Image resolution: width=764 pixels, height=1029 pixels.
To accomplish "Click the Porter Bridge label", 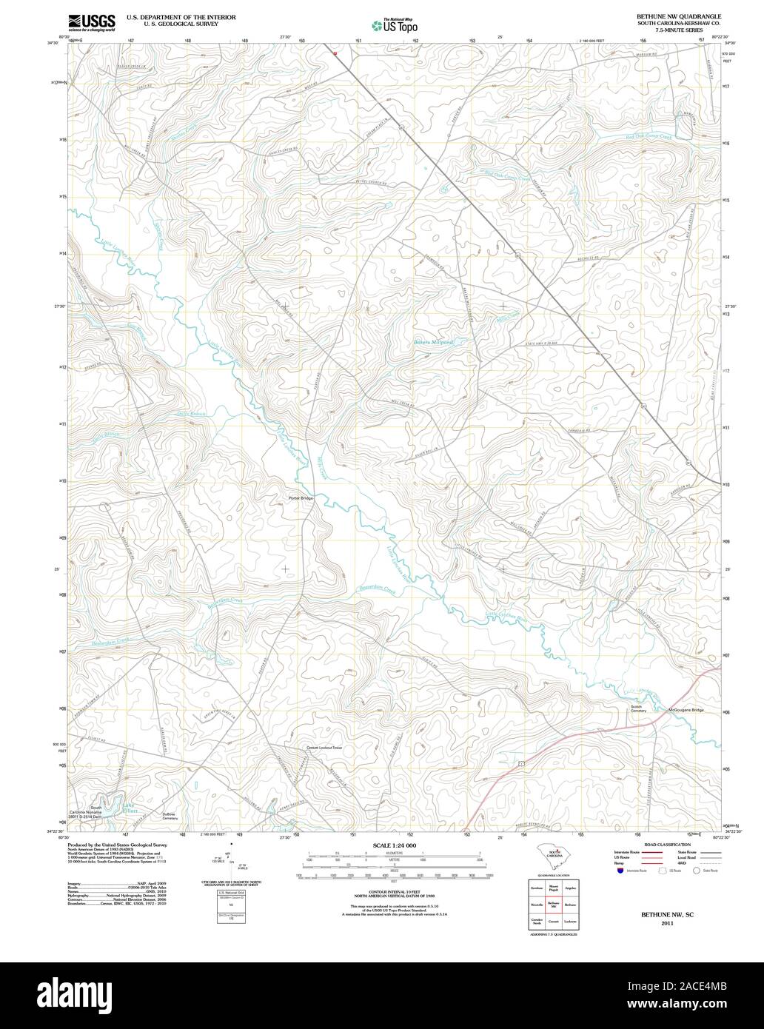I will click(301, 498).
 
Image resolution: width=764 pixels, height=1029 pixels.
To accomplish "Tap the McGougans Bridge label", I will click(685, 710).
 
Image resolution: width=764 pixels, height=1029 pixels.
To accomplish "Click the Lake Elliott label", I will click(130, 808).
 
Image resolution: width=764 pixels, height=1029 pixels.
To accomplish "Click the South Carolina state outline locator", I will click(554, 857).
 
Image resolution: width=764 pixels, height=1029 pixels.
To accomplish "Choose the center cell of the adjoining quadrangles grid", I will click(553, 904).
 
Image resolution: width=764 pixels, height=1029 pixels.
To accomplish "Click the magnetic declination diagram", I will click(231, 859).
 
